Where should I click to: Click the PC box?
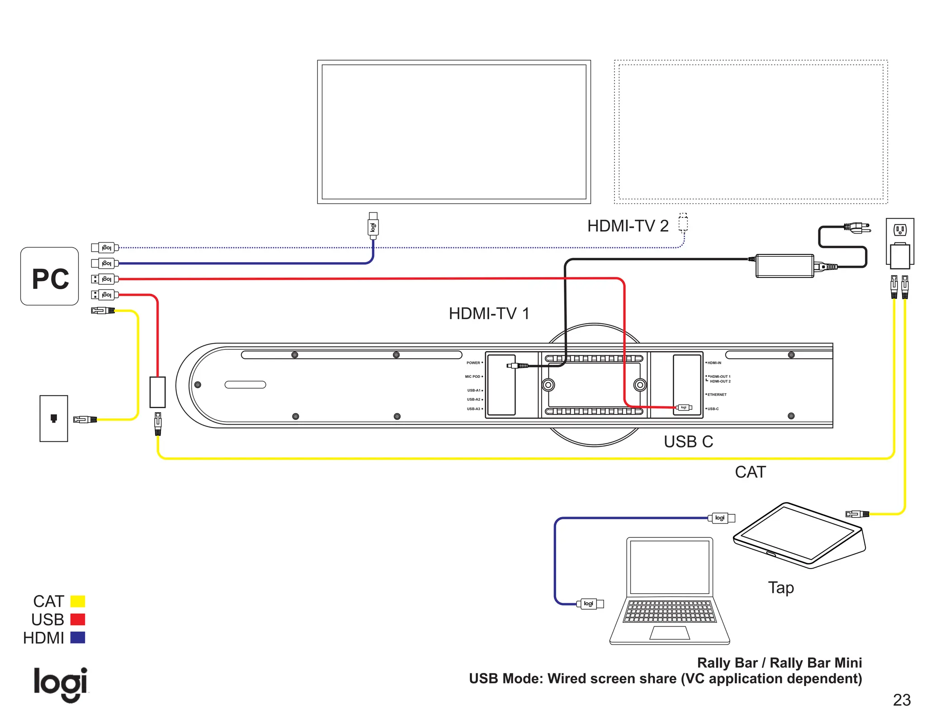point(50,276)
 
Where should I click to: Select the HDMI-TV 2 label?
point(628,226)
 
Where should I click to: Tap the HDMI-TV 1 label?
point(489,314)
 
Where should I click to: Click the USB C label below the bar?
point(688,442)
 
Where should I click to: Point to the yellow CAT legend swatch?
point(78,601)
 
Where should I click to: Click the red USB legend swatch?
point(78,619)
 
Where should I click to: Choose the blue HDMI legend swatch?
point(78,638)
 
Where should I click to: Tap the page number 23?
point(902,700)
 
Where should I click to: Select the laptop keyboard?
point(669,611)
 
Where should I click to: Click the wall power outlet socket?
point(900,230)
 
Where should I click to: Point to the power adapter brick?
point(784,266)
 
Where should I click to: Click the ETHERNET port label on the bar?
point(717,395)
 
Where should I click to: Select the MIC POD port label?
point(473,376)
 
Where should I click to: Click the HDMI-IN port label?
point(714,363)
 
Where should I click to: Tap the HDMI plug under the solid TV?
point(373,226)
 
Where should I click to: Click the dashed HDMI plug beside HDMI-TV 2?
point(683,222)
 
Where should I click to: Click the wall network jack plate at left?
point(54,418)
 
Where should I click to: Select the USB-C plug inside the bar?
point(684,408)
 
